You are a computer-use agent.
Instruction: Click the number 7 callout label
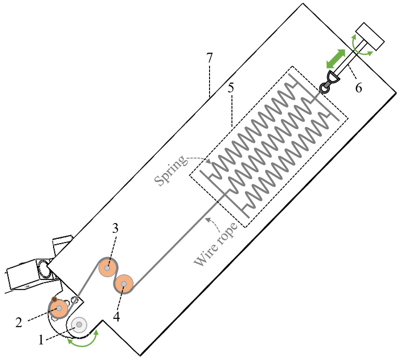tap(210, 58)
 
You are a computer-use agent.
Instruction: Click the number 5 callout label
tap(231, 88)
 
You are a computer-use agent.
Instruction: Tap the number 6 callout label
tap(358, 87)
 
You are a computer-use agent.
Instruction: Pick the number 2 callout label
tap(19, 322)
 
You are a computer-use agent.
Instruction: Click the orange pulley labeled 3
tap(107, 268)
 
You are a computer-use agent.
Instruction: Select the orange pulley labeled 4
tap(124, 283)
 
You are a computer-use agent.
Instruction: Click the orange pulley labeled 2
tap(59, 308)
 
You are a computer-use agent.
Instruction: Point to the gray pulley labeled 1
tap(79, 324)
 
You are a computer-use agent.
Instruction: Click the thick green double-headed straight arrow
tap(336, 59)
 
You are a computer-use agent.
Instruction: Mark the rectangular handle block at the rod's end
tap(370, 36)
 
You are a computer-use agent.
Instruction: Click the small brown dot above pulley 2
tap(54, 299)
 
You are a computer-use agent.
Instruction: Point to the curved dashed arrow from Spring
tap(201, 159)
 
